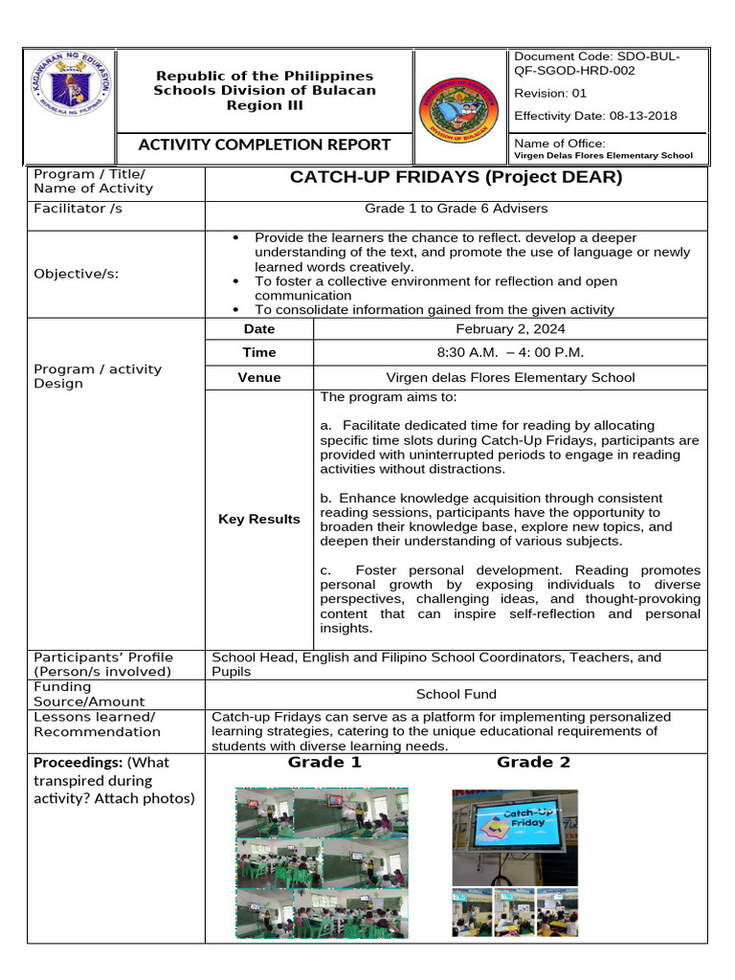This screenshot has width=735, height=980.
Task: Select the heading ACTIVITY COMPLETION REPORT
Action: click(265, 145)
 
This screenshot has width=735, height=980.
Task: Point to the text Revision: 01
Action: click(550, 93)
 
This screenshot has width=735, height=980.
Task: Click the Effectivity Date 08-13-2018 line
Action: click(595, 116)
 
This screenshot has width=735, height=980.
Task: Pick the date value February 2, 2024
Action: click(509, 328)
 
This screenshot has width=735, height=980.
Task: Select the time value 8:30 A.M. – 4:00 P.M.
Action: click(509, 352)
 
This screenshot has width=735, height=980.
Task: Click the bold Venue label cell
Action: click(259, 377)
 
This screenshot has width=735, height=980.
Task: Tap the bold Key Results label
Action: click(259, 519)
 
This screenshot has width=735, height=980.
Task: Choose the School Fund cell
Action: click(456, 694)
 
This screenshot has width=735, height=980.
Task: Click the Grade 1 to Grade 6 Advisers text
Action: click(456, 208)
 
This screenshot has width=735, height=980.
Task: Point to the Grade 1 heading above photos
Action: click(324, 762)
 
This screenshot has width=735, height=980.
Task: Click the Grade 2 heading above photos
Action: click(533, 762)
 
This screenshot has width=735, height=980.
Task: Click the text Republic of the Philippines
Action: click(265, 76)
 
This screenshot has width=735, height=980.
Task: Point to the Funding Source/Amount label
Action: click(77, 694)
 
